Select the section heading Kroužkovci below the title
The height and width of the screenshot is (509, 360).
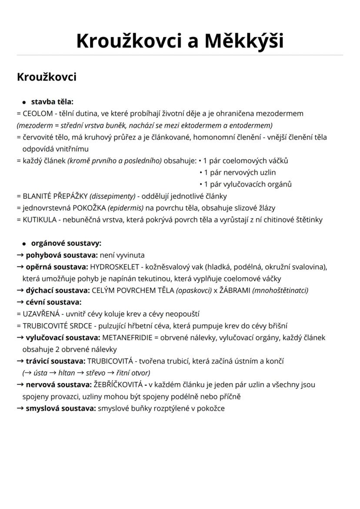47,77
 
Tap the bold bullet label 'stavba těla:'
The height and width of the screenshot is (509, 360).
52,102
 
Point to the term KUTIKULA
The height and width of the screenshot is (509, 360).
40,220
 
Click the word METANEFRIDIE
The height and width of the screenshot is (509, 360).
127,338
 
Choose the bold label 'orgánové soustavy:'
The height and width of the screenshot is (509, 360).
66,243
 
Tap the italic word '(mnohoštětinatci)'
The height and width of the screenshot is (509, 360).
280,290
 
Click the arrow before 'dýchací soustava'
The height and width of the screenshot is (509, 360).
20,290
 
